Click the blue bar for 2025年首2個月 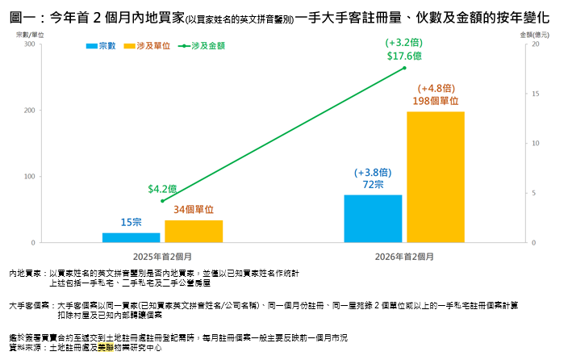(x=131, y=237)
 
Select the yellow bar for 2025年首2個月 (x=194, y=231)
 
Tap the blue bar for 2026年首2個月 (x=373, y=218)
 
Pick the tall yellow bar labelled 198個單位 (x=436, y=177)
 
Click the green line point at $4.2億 (x=162, y=201)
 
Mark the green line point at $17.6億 (x=404, y=68)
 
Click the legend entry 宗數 (x=102, y=46)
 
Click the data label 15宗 (x=132, y=222)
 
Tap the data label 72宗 (x=373, y=185)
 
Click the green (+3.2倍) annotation (x=404, y=43)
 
